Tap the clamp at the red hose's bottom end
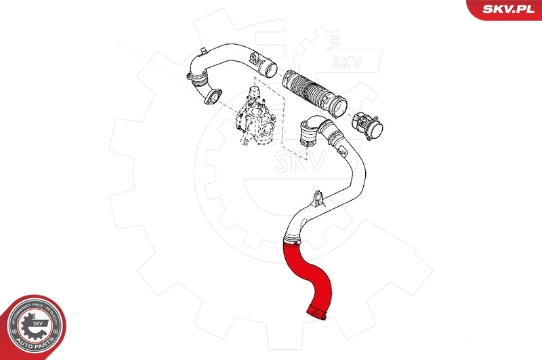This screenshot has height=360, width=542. [317, 311]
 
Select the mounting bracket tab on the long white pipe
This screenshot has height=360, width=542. [316, 199]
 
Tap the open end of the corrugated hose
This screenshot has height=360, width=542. [339, 108]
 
